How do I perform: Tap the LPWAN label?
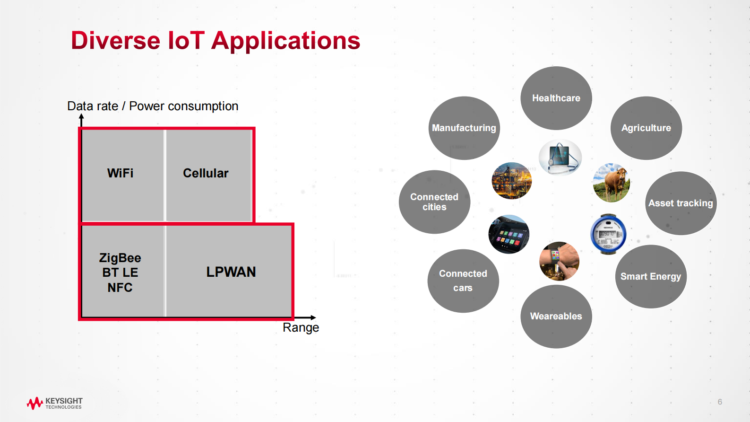(x=231, y=272)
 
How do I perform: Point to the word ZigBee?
(x=120, y=258)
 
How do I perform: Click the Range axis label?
(x=301, y=327)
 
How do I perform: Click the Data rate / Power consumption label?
(x=153, y=106)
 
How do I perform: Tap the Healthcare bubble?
(x=556, y=98)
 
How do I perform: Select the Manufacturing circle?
(x=464, y=128)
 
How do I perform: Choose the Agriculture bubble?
(x=646, y=128)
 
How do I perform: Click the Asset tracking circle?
(x=681, y=203)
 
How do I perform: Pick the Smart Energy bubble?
(x=650, y=276)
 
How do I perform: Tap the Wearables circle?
(x=556, y=316)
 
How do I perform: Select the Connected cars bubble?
(x=463, y=281)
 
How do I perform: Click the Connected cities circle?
(x=434, y=202)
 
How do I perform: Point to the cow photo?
(x=611, y=183)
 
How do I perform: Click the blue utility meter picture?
(x=608, y=234)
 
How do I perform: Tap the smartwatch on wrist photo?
(x=559, y=261)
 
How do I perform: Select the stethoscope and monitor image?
(x=560, y=157)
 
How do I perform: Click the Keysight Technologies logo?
(x=54, y=403)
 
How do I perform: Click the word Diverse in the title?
(x=115, y=41)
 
